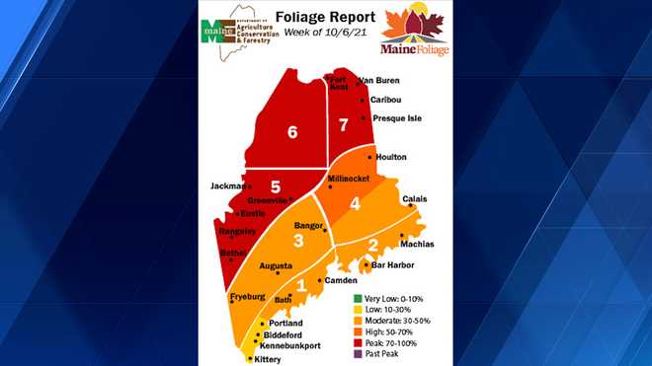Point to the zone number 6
291,133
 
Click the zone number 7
344,125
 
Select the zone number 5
276,186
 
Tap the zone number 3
297,240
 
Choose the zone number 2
372,246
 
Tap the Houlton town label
391,157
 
